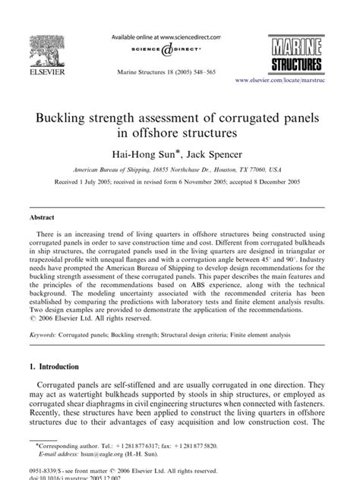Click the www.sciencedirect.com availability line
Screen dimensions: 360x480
pos(166,36)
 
